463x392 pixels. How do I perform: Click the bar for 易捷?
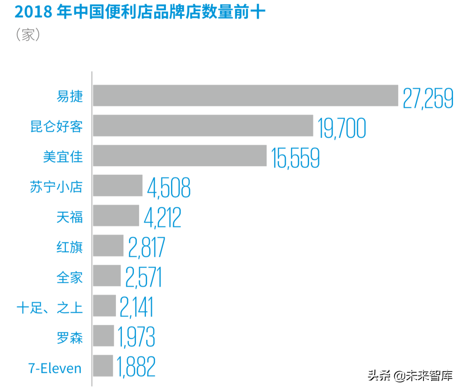coord(245,96)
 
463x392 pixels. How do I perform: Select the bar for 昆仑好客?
coord(203,126)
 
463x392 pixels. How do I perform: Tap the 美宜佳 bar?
coord(180,156)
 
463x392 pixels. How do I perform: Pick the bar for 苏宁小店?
coord(118,186)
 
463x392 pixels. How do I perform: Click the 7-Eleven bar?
coord(103,366)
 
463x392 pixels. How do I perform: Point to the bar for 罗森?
coord(104,336)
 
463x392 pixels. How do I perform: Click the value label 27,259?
coord(428,98)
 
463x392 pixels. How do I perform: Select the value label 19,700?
coord(342,128)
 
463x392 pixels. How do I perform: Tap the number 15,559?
coord(295,158)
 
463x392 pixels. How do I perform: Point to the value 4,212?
coord(162,218)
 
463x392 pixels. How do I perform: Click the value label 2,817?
coord(146,248)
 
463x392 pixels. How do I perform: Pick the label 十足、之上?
coord(50,308)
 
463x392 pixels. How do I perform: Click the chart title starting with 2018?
coord(140,12)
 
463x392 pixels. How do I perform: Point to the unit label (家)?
coord(28,35)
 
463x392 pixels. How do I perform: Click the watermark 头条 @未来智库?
coord(410,376)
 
